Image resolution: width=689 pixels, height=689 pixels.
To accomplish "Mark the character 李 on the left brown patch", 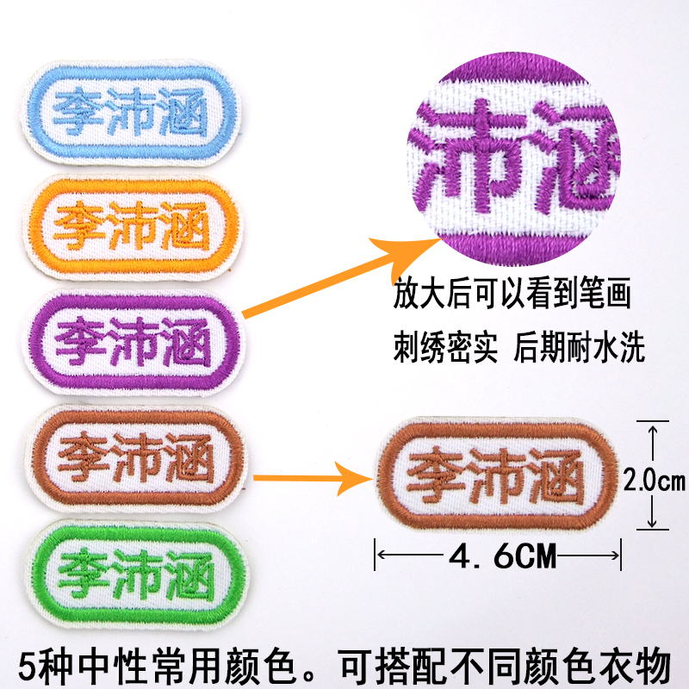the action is coord(79,447).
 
